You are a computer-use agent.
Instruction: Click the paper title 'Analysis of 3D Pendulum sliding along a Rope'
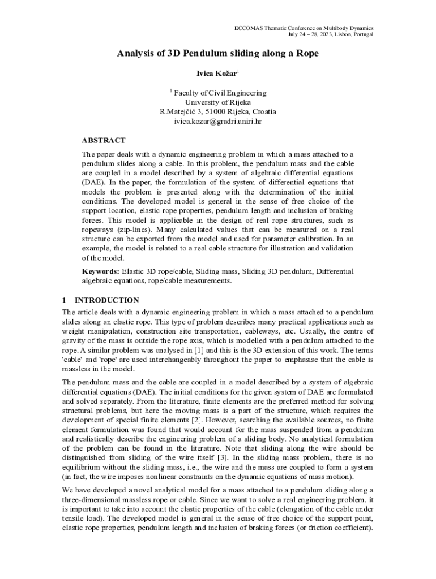(x=218, y=54)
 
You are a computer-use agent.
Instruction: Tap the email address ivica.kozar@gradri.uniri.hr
(x=218, y=121)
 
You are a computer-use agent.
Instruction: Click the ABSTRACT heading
(x=104, y=140)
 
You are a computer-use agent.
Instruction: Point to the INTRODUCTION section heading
(x=107, y=300)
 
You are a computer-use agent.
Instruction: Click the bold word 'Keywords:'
(x=100, y=271)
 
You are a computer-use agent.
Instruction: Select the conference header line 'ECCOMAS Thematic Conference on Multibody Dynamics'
(x=304, y=28)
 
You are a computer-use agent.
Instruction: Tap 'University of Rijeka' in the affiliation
(x=218, y=102)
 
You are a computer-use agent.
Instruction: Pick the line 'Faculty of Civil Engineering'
(x=220, y=93)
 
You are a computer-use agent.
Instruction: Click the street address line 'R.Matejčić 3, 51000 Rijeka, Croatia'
(x=218, y=112)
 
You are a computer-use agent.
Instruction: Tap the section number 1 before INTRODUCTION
(x=65, y=300)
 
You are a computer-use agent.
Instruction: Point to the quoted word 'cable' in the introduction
(x=72, y=360)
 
